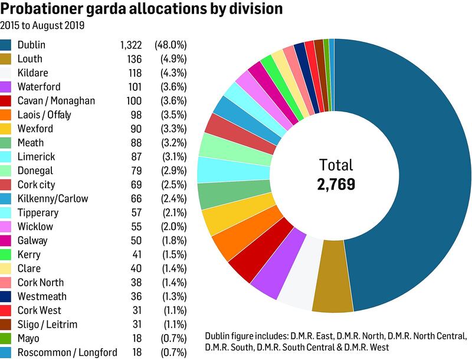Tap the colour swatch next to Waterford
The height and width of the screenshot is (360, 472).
[x=7, y=87]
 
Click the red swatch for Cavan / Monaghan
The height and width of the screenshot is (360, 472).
[x=7, y=101]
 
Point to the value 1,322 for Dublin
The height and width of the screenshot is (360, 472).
[x=130, y=45]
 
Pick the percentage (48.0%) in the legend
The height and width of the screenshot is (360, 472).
[x=171, y=45]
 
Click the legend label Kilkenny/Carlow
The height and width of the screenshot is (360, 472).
[x=53, y=198]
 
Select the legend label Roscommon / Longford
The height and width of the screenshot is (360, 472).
[x=67, y=352]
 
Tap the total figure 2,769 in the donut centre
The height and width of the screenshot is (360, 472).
[x=335, y=184]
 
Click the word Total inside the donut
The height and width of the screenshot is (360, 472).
[x=335, y=165]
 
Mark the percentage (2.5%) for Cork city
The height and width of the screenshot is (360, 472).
[x=171, y=185]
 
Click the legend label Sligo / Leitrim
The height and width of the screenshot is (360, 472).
[x=48, y=325]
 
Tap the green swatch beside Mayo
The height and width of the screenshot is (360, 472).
[x=7, y=339]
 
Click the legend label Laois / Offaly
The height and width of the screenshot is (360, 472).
[x=44, y=114]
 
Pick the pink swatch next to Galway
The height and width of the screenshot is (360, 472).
[x=7, y=241]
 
